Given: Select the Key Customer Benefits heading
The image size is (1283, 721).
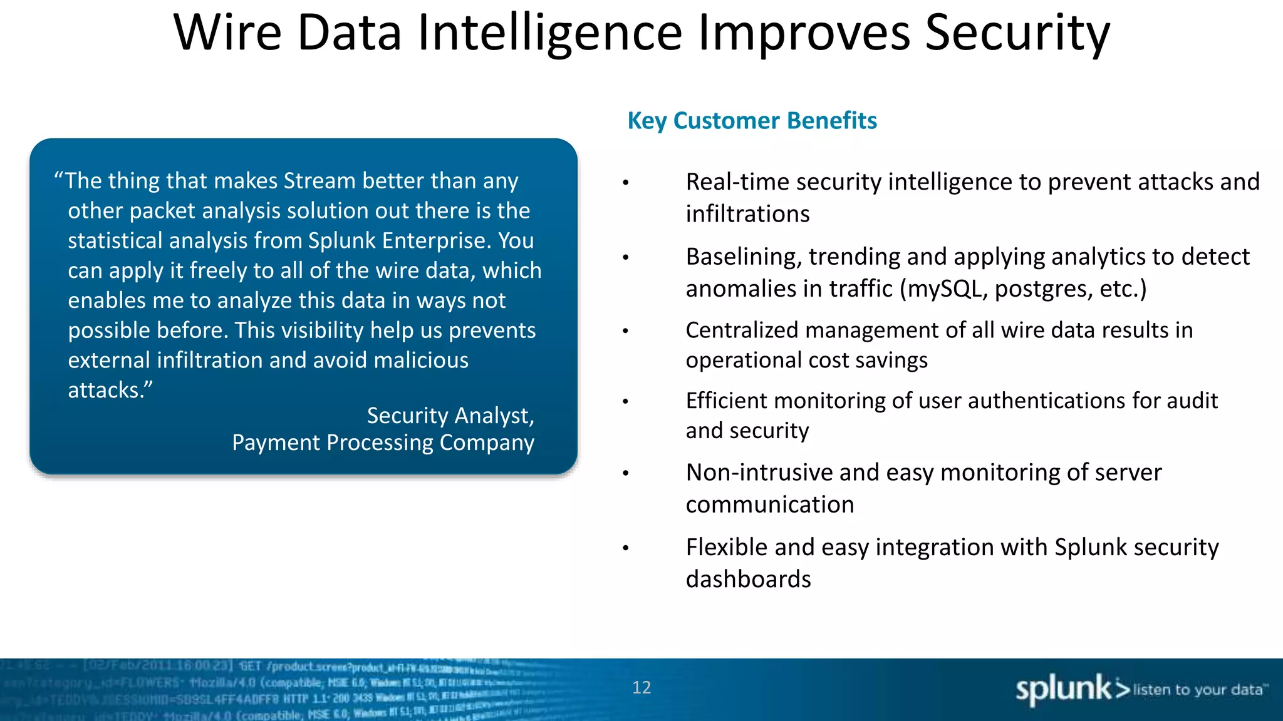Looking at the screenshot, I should [752, 120].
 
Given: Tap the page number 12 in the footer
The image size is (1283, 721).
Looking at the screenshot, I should [641, 687].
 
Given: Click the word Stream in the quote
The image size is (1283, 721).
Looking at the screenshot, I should [319, 181].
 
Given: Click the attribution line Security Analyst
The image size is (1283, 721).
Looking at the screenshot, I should [450, 416].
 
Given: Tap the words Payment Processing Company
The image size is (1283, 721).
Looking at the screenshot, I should [383, 442].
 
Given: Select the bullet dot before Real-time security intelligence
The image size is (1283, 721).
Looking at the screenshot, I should [625, 183].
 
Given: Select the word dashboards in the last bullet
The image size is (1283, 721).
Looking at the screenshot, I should [748, 580].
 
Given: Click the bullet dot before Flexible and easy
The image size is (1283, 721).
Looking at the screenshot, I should [625, 548].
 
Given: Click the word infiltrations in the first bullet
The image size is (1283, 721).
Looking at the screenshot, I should [747, 214].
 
